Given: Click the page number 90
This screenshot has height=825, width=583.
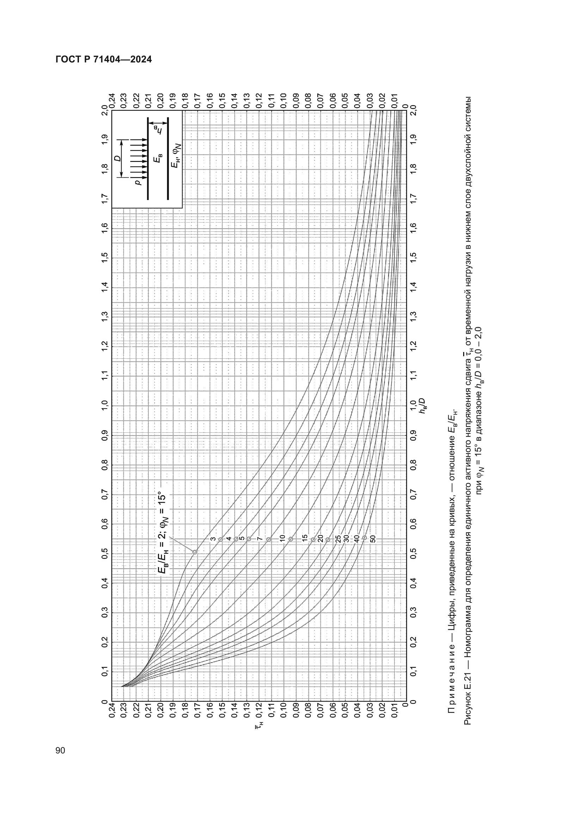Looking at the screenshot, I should [x=60, y=750].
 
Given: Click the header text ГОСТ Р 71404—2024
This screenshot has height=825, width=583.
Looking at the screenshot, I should [x=104, y=59].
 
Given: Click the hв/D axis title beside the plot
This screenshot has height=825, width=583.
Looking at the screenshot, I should [x=422, y=406].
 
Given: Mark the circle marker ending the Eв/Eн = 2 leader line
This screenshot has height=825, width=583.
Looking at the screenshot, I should [x=195, y=552].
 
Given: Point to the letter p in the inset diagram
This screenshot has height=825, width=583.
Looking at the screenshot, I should [x=139, y=183].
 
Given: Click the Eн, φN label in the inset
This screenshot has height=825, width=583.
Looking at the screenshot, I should [x=176, y=156].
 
